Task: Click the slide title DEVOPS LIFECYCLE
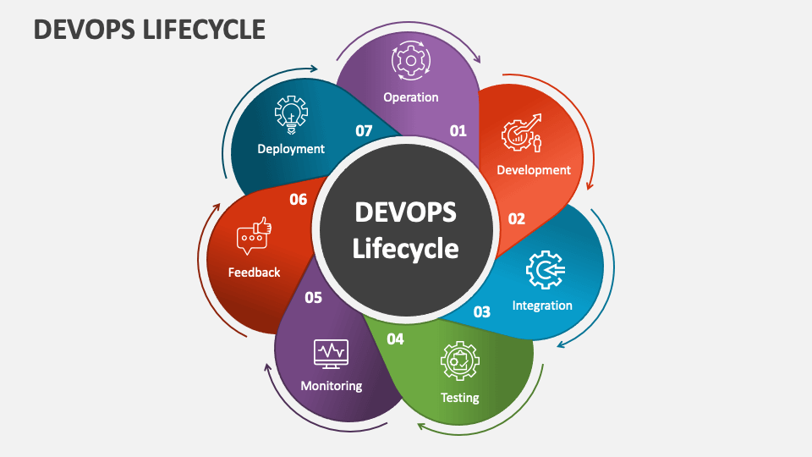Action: pyautogui.click(x=149, y=29)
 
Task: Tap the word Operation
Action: pyautogui.click(x=411, y=97)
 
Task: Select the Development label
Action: pyautogui.click(x=534, y=169)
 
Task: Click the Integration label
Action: pyautogui.click(x=542, y=305)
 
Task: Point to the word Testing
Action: pyautogui.click(x=460, y=397)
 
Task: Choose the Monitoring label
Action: pyautogui.click(x=332, y=385)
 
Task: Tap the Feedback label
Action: pyautogui.click(x=254, y=272)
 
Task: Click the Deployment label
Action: pyautogui.click(x=291, y=148)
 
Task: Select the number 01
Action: pyautogui.click(x=458, y=130)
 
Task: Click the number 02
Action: pyautogui.click(x=516, y=218)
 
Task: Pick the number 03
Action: pyautogui.click(x=481, y=311)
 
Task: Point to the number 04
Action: pyautogui.click(x=395, y=339)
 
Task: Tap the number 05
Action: pyautogui.click(x=313, y=297)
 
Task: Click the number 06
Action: pyautogui.click(x=298, y=200)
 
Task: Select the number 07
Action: pyautogui.click(x=364, y=130)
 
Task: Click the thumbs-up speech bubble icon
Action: pyautogui.click(x=254, y=237)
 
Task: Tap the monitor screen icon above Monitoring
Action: pyautogui.click(x=331, y=353)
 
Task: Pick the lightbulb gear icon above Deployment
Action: pyautogui.click(x=291, y=113)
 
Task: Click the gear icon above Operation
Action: pyautogui.click(x=410, y=62)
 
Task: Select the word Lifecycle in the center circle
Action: pyautogui.click(x=405, y=249)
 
